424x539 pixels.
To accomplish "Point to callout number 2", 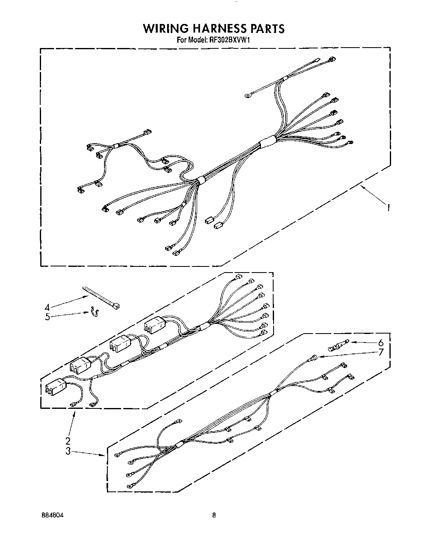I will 68,441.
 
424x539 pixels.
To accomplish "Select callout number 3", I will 68,451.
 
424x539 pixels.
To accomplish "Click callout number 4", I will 48,307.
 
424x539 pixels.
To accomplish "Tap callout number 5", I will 48,317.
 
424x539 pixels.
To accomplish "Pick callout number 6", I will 381,343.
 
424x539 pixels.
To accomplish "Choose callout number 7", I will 381,352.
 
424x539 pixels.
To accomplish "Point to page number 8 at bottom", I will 214,515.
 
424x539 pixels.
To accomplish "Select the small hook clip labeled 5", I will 95,312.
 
